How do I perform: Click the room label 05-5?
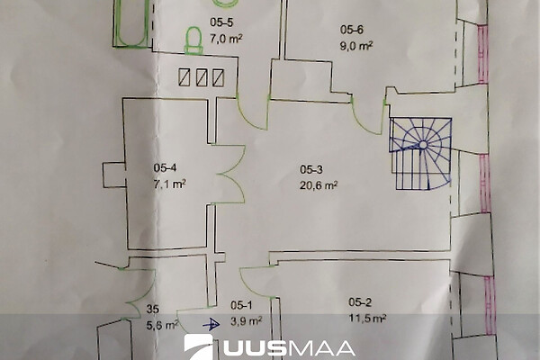[221, 22]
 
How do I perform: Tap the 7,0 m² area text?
[226, 38]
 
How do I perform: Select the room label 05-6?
[352, 30]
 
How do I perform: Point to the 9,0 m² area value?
[356, 46]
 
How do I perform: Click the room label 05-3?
[311, 169]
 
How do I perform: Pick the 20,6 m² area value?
[319, 185]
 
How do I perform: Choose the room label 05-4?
[166, 167]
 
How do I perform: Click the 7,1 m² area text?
[170, 184]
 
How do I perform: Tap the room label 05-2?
[360, 302]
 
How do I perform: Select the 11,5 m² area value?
[367, 318]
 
